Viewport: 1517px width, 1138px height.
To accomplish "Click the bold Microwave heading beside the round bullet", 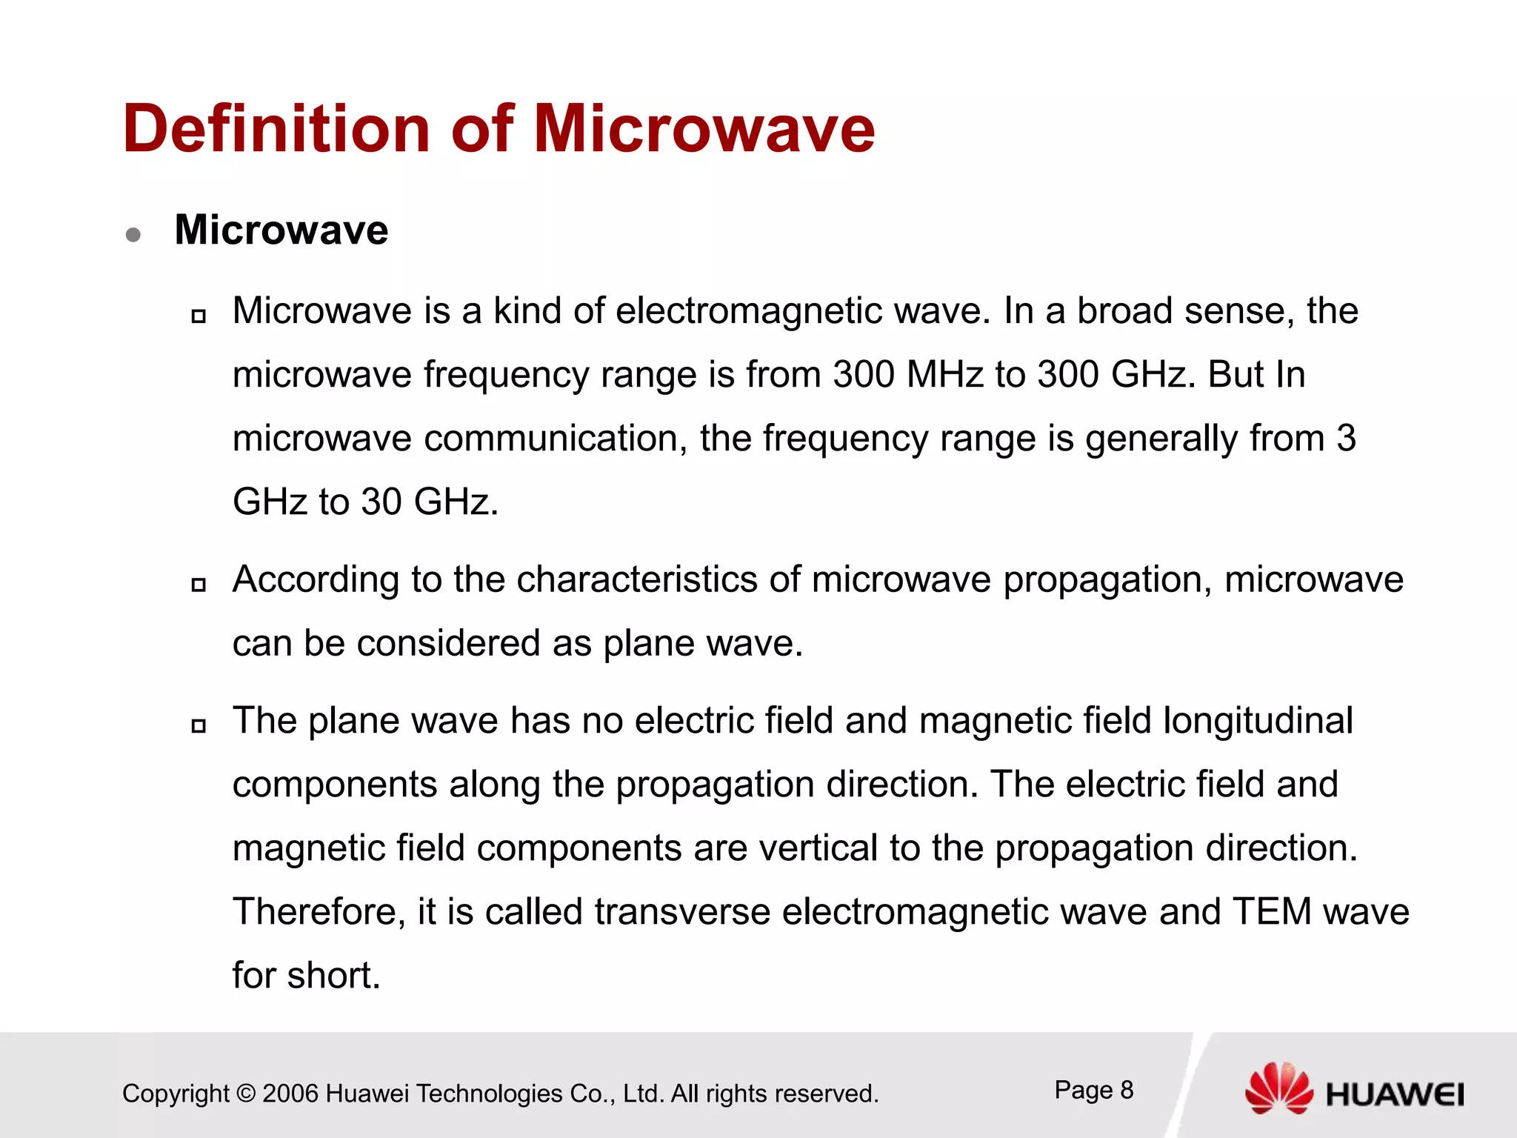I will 281,230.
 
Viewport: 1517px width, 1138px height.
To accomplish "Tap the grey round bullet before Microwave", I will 133,235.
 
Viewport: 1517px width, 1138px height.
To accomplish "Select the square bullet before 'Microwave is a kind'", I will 198,316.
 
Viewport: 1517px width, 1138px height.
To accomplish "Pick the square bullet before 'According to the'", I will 198,585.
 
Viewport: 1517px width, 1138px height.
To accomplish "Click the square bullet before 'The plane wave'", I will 198,726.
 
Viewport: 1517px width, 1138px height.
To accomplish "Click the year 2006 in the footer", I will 290,1094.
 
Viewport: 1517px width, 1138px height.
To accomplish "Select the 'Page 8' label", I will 1093,1090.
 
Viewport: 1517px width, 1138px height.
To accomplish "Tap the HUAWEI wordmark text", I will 1394,1095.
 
